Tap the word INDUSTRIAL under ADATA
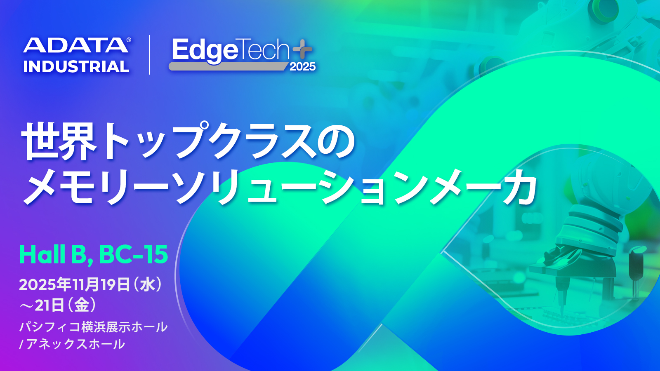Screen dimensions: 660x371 (76, 66)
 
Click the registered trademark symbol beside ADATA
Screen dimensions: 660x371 (129, 40)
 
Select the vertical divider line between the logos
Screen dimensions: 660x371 (149, 55)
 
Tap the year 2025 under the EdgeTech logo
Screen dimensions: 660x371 (303, 67)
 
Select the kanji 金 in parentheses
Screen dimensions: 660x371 (82, 305)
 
